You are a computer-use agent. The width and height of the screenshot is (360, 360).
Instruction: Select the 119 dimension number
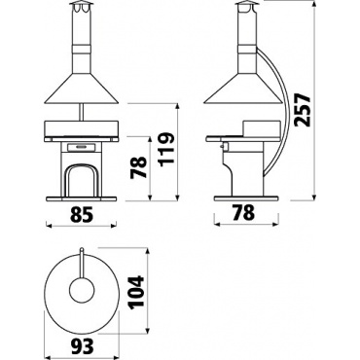pos(167,148)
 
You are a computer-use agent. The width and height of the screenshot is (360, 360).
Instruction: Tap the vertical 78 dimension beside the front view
pos(139,167)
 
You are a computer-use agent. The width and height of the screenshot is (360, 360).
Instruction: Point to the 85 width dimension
pos(82,214)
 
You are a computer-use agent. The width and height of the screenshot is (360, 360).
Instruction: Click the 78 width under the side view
pos(243,213)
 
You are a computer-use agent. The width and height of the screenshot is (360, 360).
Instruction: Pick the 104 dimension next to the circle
pos(135,292)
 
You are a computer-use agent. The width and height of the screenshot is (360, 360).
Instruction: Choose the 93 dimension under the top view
pos(83,346)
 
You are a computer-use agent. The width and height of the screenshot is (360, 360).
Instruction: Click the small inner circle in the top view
pos(83,290)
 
